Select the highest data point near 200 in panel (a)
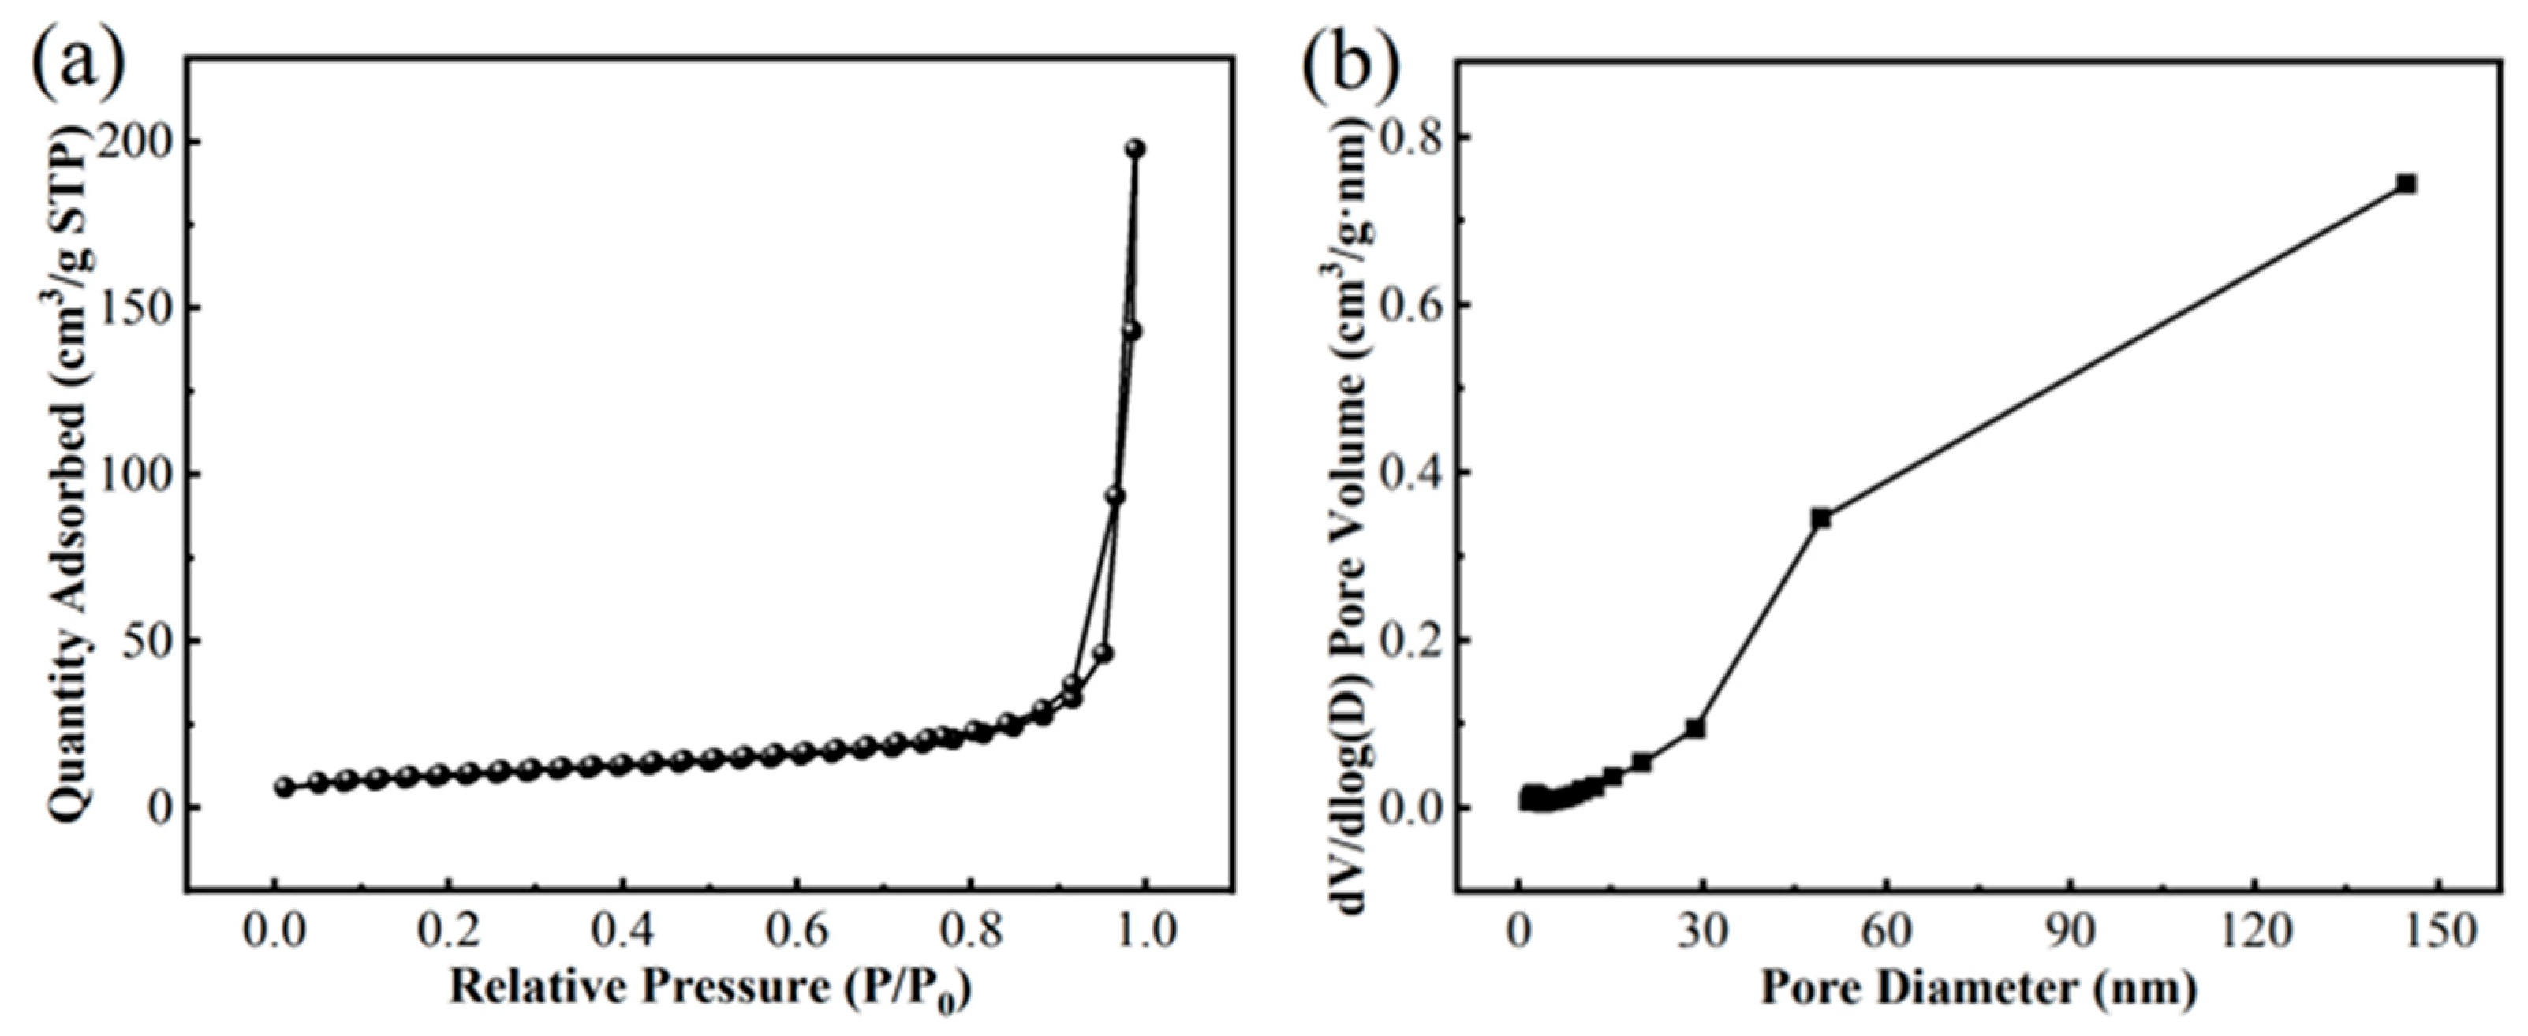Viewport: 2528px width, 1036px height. click(1136, 148)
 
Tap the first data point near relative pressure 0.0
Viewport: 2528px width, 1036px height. click(285, 786)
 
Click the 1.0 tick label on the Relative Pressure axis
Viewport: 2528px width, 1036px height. click(1145, 931)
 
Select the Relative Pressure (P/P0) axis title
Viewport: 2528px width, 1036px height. click(710, 988)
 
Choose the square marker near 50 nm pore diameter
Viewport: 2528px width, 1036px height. click(1821, 518)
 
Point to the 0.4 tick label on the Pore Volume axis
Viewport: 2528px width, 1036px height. click(1410, 474)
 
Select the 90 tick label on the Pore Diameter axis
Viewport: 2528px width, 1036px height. click(2071, 931)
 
